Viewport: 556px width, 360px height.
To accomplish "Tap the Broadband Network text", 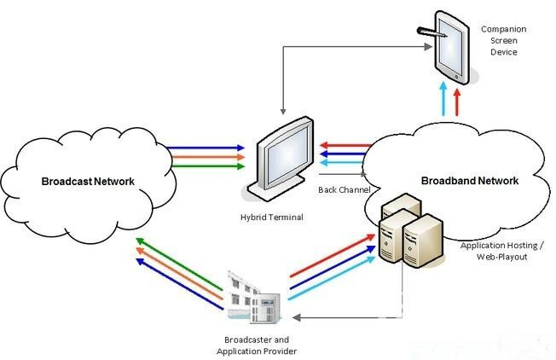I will pos(469,181).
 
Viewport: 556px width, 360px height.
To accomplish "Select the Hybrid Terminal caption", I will pos(271,218).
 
